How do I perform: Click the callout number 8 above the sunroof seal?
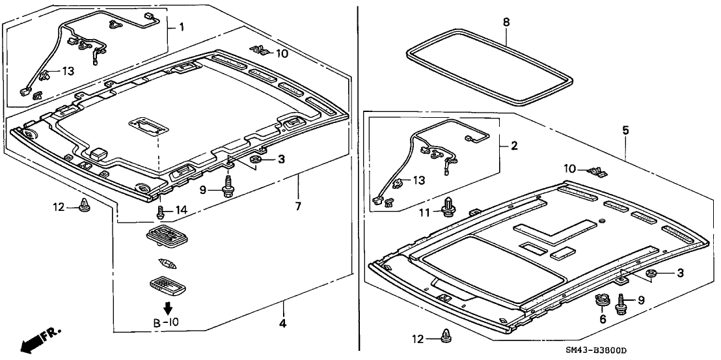point(506,22)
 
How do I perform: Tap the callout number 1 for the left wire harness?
point(182,27)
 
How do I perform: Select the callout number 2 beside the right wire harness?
point(513,146)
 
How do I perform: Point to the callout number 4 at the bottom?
point(283,322)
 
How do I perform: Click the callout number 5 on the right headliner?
point(625,130)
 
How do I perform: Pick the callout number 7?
point(298,207)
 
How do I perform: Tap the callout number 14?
point(181,209)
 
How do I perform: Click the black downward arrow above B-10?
point(167,308)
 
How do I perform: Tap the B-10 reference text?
point(166,323)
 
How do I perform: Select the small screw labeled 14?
point(160,210)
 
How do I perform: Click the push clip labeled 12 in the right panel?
point(446,336)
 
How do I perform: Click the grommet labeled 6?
point(601,303)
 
